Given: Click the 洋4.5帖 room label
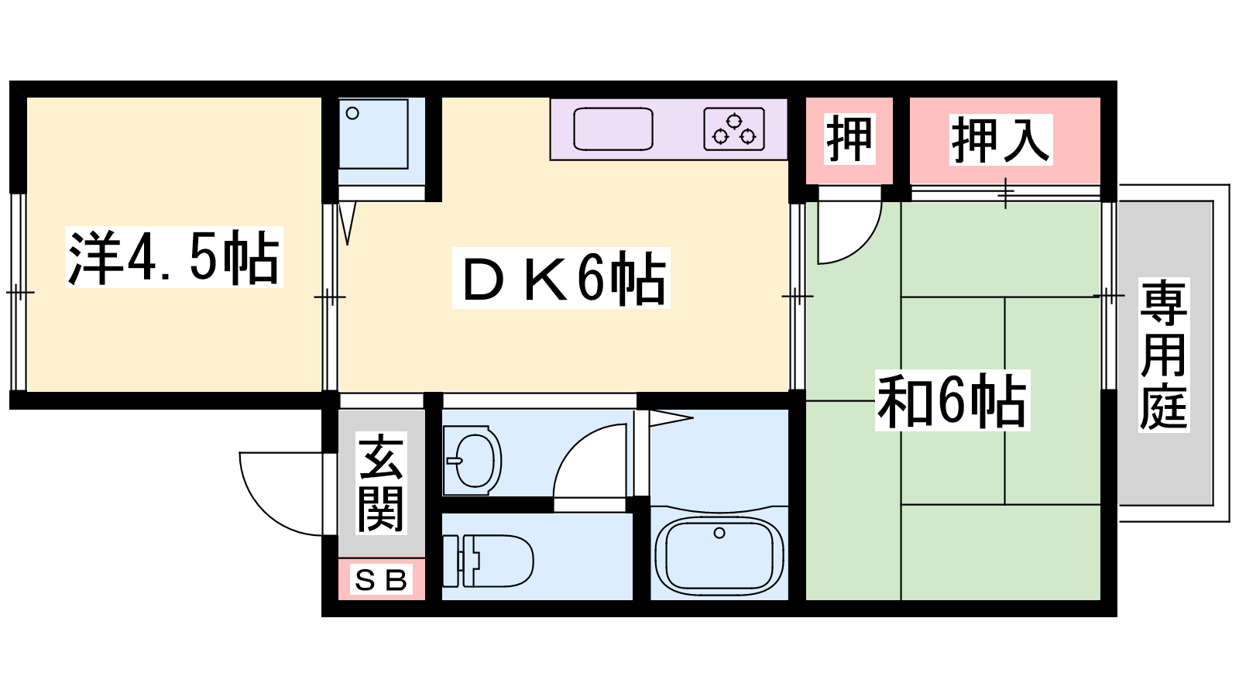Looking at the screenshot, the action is (173, 257).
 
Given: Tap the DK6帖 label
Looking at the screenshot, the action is (561, 278).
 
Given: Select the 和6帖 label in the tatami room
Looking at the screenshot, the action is (952, 400).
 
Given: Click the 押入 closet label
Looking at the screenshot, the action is (1000, 139).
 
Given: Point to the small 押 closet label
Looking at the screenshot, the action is (849, 139).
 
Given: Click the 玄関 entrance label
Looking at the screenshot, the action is (381, 483).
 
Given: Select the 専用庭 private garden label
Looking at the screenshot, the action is (1164, 355).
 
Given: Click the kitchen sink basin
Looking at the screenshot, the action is (613, 129).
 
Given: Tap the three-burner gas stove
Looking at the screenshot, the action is (734, 129).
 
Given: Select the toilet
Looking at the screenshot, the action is (487, 561).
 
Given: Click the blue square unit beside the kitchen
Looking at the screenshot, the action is (373, 134).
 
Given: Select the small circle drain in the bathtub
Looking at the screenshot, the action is (719, 534).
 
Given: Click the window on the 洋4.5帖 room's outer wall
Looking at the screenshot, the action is (19, 292).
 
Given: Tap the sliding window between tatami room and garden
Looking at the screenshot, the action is (1108, 295).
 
